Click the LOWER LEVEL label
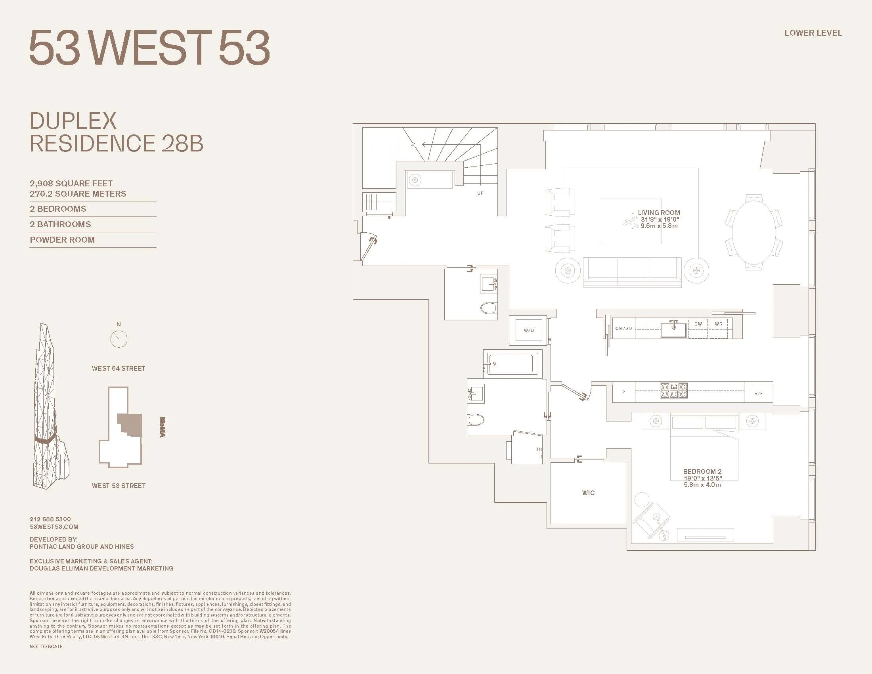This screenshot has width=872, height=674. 813,33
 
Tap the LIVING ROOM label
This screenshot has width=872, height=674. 659,213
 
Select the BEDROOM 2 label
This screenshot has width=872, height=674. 702,471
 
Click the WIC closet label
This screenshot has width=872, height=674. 588,493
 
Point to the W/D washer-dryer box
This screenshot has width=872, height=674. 529,330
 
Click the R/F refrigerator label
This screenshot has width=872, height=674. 758,393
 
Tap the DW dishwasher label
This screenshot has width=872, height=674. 698,324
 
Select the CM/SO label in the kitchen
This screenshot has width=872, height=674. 623,328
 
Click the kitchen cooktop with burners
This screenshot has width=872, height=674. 673,391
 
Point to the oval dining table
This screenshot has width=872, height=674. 753,232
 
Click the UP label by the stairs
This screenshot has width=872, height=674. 480,193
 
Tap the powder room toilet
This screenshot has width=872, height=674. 488,308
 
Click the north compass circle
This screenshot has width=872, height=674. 119,339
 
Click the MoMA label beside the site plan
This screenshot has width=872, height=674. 163,427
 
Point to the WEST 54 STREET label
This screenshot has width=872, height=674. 119,369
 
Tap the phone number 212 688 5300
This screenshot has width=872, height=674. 50,519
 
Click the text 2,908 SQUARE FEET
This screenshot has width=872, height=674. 71,184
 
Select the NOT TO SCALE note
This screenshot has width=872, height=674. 46,647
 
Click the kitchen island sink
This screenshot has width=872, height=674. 673,330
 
